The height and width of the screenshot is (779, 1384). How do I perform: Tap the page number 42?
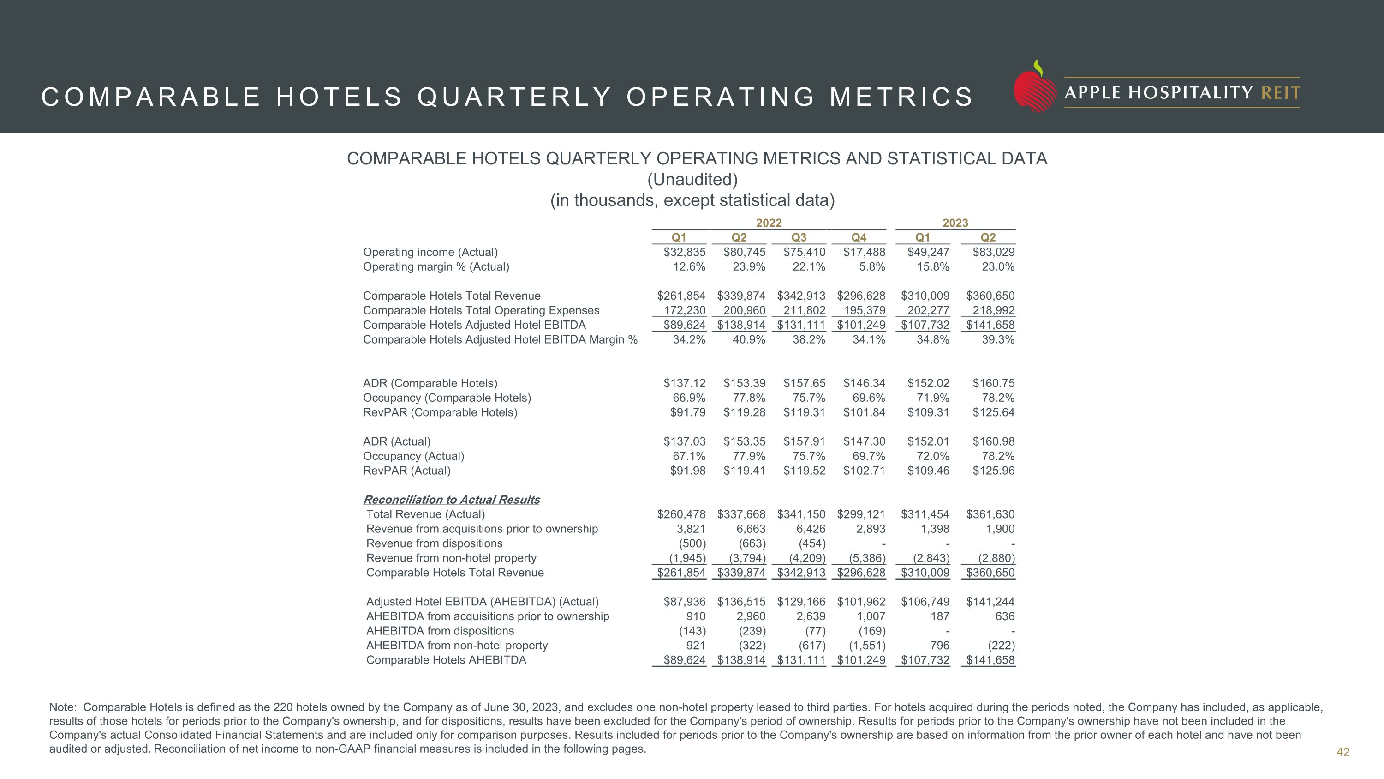1342,752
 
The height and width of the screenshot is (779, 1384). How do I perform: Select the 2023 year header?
955,223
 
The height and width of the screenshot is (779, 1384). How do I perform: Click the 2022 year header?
769,223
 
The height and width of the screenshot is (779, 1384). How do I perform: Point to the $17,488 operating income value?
864,252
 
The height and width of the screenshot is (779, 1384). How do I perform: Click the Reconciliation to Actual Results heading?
452,500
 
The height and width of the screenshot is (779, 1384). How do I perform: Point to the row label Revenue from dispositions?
434,543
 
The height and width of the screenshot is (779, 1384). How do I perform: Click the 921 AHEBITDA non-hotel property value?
696,645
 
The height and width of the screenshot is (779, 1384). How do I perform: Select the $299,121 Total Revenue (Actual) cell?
861,514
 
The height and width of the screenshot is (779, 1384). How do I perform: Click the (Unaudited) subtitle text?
692,180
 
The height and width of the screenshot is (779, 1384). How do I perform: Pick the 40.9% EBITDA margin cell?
749,340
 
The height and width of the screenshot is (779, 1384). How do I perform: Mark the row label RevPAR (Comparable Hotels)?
440,412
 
